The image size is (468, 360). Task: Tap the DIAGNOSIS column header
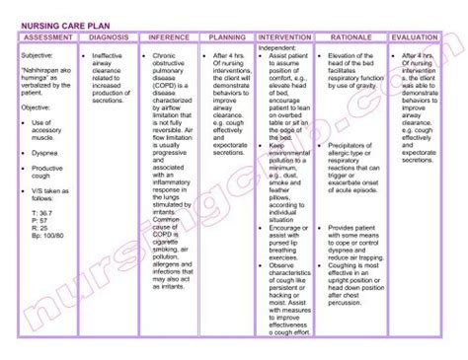pyautogui.click(x=109, y=37)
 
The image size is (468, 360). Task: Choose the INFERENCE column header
pyautogui.click(x=169, y=37)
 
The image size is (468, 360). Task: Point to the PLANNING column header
pyautogui.click(x=226, y=37)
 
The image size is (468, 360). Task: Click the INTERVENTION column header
pyautogui.click(x=284, y=37)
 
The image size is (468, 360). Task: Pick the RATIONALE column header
pyautogui.click(x=351, y=37)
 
